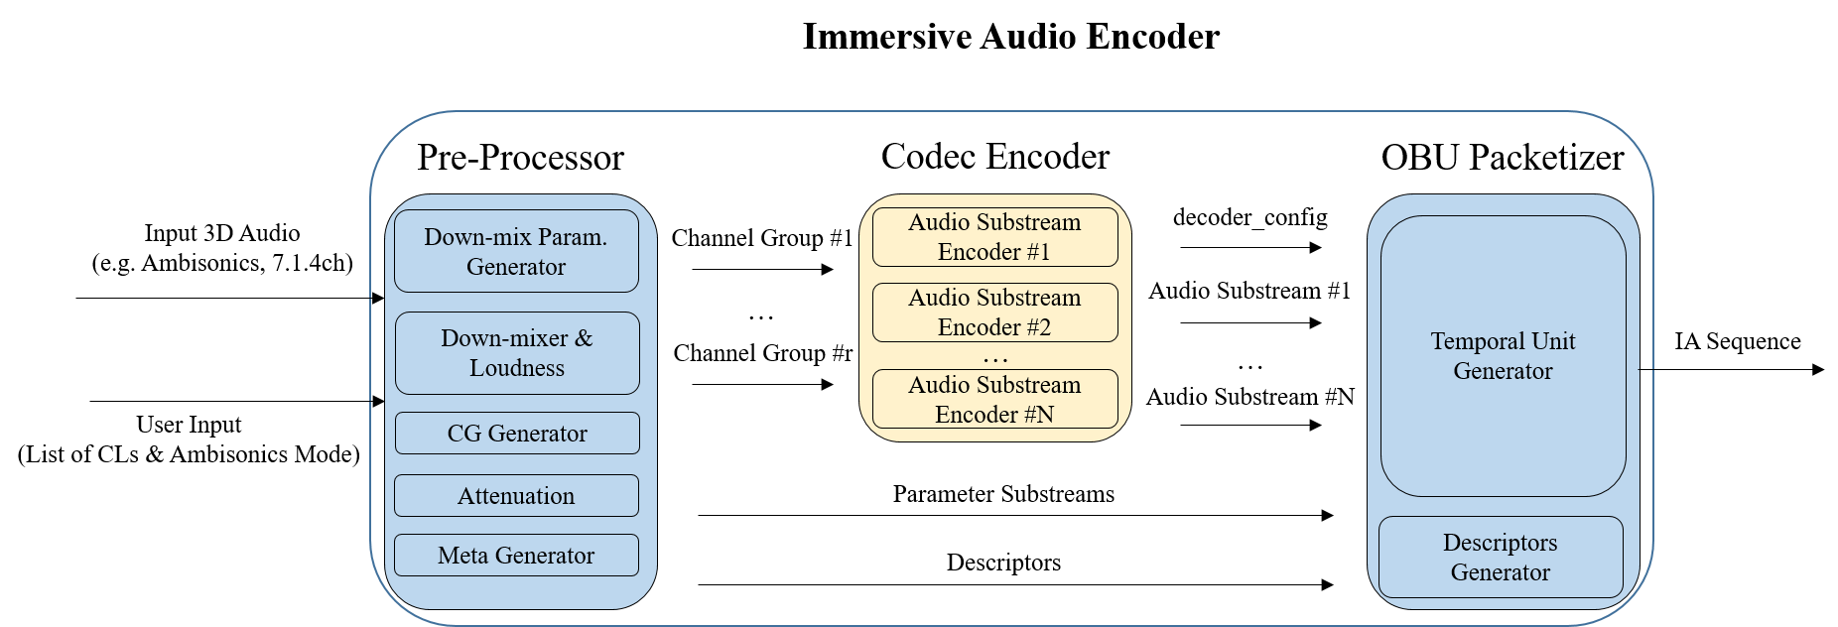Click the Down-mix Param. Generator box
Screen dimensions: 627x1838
point(516,251)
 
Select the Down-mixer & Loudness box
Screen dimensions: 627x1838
point(517,353)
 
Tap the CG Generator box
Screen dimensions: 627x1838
point(517,434)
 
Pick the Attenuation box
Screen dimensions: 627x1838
point(516,496)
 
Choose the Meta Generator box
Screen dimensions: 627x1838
point(516,556)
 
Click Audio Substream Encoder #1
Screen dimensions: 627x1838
point(994,237)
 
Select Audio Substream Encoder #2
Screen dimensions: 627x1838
point(994,313)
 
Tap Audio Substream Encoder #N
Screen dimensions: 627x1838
point(994,400)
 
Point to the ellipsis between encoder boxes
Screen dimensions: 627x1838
point(994,359)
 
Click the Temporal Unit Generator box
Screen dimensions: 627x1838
point(1503,356)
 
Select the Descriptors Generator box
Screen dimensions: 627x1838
point(1501,558)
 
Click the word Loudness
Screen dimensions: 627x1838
point(517,368)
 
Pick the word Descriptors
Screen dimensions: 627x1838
point(1500,543)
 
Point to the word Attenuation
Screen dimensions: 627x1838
point(516,496)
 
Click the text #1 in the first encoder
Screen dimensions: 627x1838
point(1038,252)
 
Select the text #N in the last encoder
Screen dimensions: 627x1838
point(1039,415)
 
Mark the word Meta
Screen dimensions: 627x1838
point(462,556)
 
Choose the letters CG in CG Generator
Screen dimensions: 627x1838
point(463,434)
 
